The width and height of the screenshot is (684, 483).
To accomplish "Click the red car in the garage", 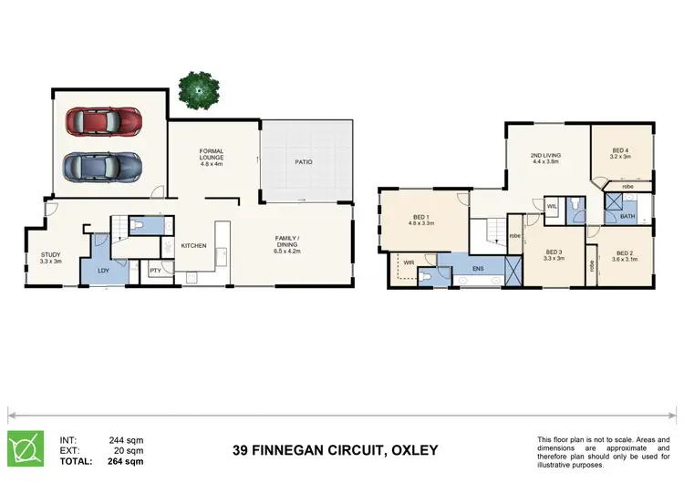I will point(103,121).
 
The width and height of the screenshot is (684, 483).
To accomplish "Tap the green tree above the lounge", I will point(198,87).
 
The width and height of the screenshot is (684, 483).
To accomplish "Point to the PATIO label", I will point(304,161).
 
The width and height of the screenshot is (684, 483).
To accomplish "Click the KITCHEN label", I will point(193,246).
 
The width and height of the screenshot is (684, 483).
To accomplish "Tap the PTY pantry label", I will point(155,271).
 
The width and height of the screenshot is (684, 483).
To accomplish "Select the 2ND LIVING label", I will point(545,159).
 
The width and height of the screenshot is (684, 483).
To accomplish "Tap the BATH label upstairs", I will point(627,217).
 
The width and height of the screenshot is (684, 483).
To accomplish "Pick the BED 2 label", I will point(624,255).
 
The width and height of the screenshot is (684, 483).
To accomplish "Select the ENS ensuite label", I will point(478,269).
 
